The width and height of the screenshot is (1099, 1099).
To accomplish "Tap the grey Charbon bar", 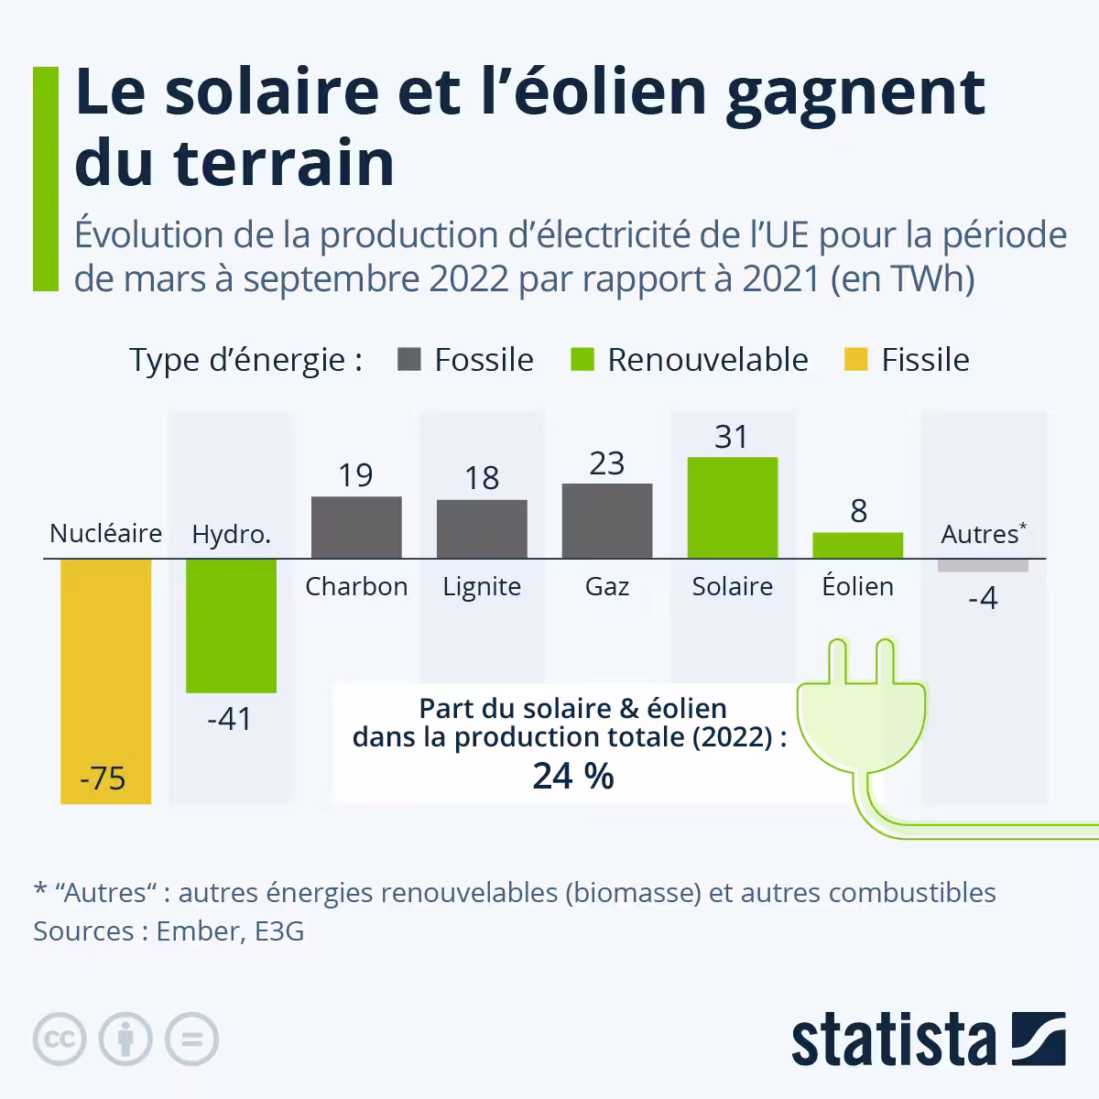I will click(x=356, y=528).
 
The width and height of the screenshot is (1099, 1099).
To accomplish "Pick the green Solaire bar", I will click(x=732, y=507).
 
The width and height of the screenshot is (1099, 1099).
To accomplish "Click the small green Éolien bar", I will click(x=857, y=545).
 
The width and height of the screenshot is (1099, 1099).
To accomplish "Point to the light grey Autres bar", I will click(x=983, y=565).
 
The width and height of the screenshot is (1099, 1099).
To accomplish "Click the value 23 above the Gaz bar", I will click(x=606, y=463).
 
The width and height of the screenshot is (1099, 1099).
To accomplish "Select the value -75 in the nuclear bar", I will click(x=103, y=778).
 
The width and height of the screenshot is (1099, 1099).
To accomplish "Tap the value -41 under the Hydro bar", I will click(x=229, y=719).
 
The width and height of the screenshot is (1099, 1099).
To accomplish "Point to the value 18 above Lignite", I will click(x=482, y=478).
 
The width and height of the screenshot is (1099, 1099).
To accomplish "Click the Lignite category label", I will click(x=482, y=586).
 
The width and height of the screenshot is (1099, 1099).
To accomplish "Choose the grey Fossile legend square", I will click(x=409, y=359).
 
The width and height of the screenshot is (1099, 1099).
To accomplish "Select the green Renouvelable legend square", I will click(x=582, y=359).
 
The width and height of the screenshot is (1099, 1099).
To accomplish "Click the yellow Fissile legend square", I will click(x=855, y=359).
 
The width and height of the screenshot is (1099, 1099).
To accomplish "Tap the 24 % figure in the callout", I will click(x=573, y=776).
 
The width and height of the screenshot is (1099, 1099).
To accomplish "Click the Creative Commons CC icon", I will click(x=60, y=1039).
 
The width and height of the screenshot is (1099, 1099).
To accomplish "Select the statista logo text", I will click(x=893, y=1039).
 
